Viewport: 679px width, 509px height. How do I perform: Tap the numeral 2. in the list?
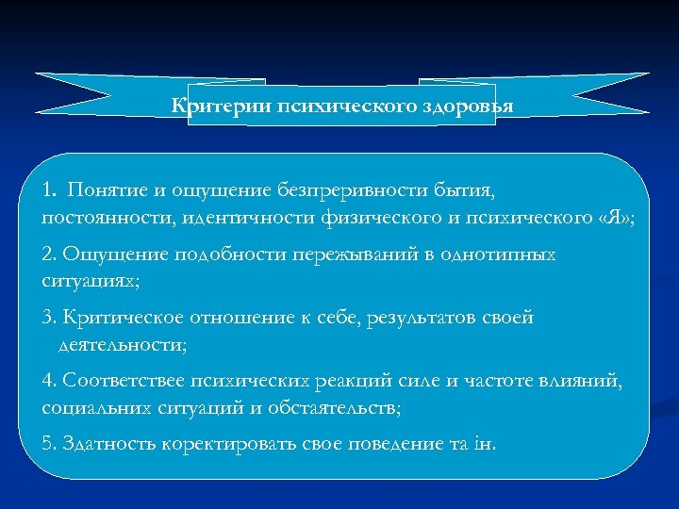(x=50, y=254)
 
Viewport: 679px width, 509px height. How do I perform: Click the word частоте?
(x=486, y=380)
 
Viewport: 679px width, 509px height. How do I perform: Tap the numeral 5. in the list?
(x=50, y=442)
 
